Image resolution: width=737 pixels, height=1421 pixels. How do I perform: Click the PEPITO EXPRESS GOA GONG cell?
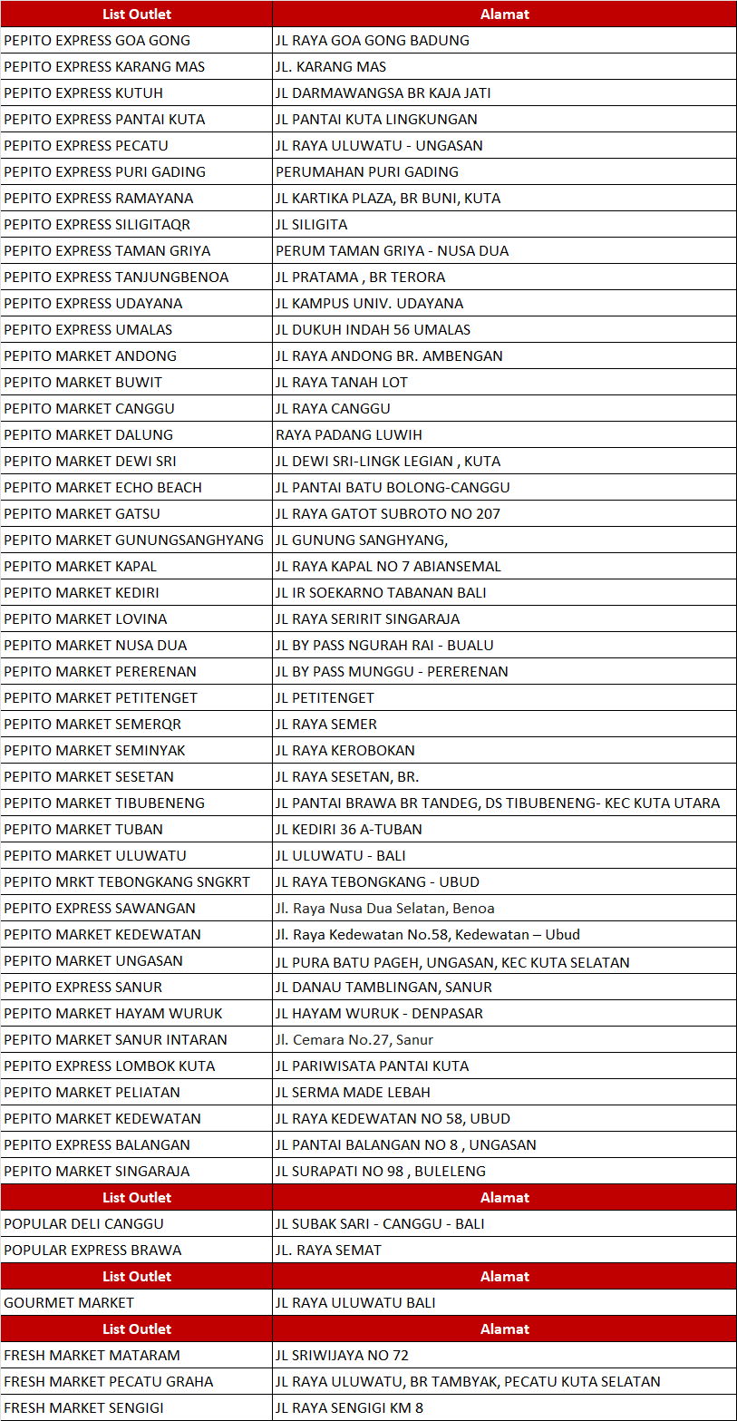(97, 41)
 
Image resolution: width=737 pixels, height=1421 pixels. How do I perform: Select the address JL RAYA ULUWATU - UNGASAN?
(379, 146)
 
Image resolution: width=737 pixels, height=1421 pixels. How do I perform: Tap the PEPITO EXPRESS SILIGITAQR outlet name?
(97, 225)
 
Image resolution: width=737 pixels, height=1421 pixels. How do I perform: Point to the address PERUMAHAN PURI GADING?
(367, 172)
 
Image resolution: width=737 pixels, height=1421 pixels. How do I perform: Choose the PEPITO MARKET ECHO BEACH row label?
(102, 488)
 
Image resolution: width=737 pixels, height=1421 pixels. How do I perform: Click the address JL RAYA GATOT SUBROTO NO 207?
(388, 514)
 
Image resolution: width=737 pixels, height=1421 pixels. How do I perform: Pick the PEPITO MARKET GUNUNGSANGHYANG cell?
(134, 540)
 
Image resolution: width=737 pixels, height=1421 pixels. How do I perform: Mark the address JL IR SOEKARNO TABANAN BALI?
(381, 593)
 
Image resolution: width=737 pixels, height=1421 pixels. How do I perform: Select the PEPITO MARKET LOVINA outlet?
(85, 619)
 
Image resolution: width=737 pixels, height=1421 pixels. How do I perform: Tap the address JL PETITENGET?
(325, 698)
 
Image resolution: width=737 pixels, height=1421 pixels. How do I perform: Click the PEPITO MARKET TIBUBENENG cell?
(104, 803)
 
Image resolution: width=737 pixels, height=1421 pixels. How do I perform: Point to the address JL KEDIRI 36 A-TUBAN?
(349, 830)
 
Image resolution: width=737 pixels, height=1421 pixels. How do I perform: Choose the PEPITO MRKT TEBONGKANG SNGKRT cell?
(127, 882)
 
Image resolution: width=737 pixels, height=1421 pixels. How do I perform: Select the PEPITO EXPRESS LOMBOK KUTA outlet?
(109, 1066)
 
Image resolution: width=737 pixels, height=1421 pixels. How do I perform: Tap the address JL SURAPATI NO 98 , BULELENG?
(381, 1172)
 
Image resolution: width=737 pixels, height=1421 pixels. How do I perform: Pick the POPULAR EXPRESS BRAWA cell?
(92, 1251)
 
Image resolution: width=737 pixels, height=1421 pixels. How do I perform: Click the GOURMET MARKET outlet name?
(69, 1303)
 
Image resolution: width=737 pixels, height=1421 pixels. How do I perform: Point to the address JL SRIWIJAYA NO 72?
(342, 1356)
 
